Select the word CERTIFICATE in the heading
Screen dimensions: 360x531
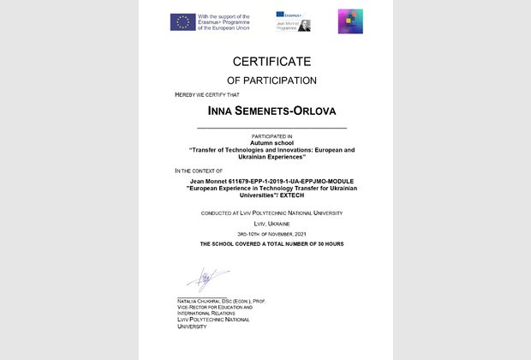click(265, 62)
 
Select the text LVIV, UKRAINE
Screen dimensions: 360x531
click(265, 221)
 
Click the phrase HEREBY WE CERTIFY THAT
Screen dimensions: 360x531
click(206, 93)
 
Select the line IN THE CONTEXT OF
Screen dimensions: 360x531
click(198, 172)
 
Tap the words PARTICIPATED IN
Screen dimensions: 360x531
click(265, 135)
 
